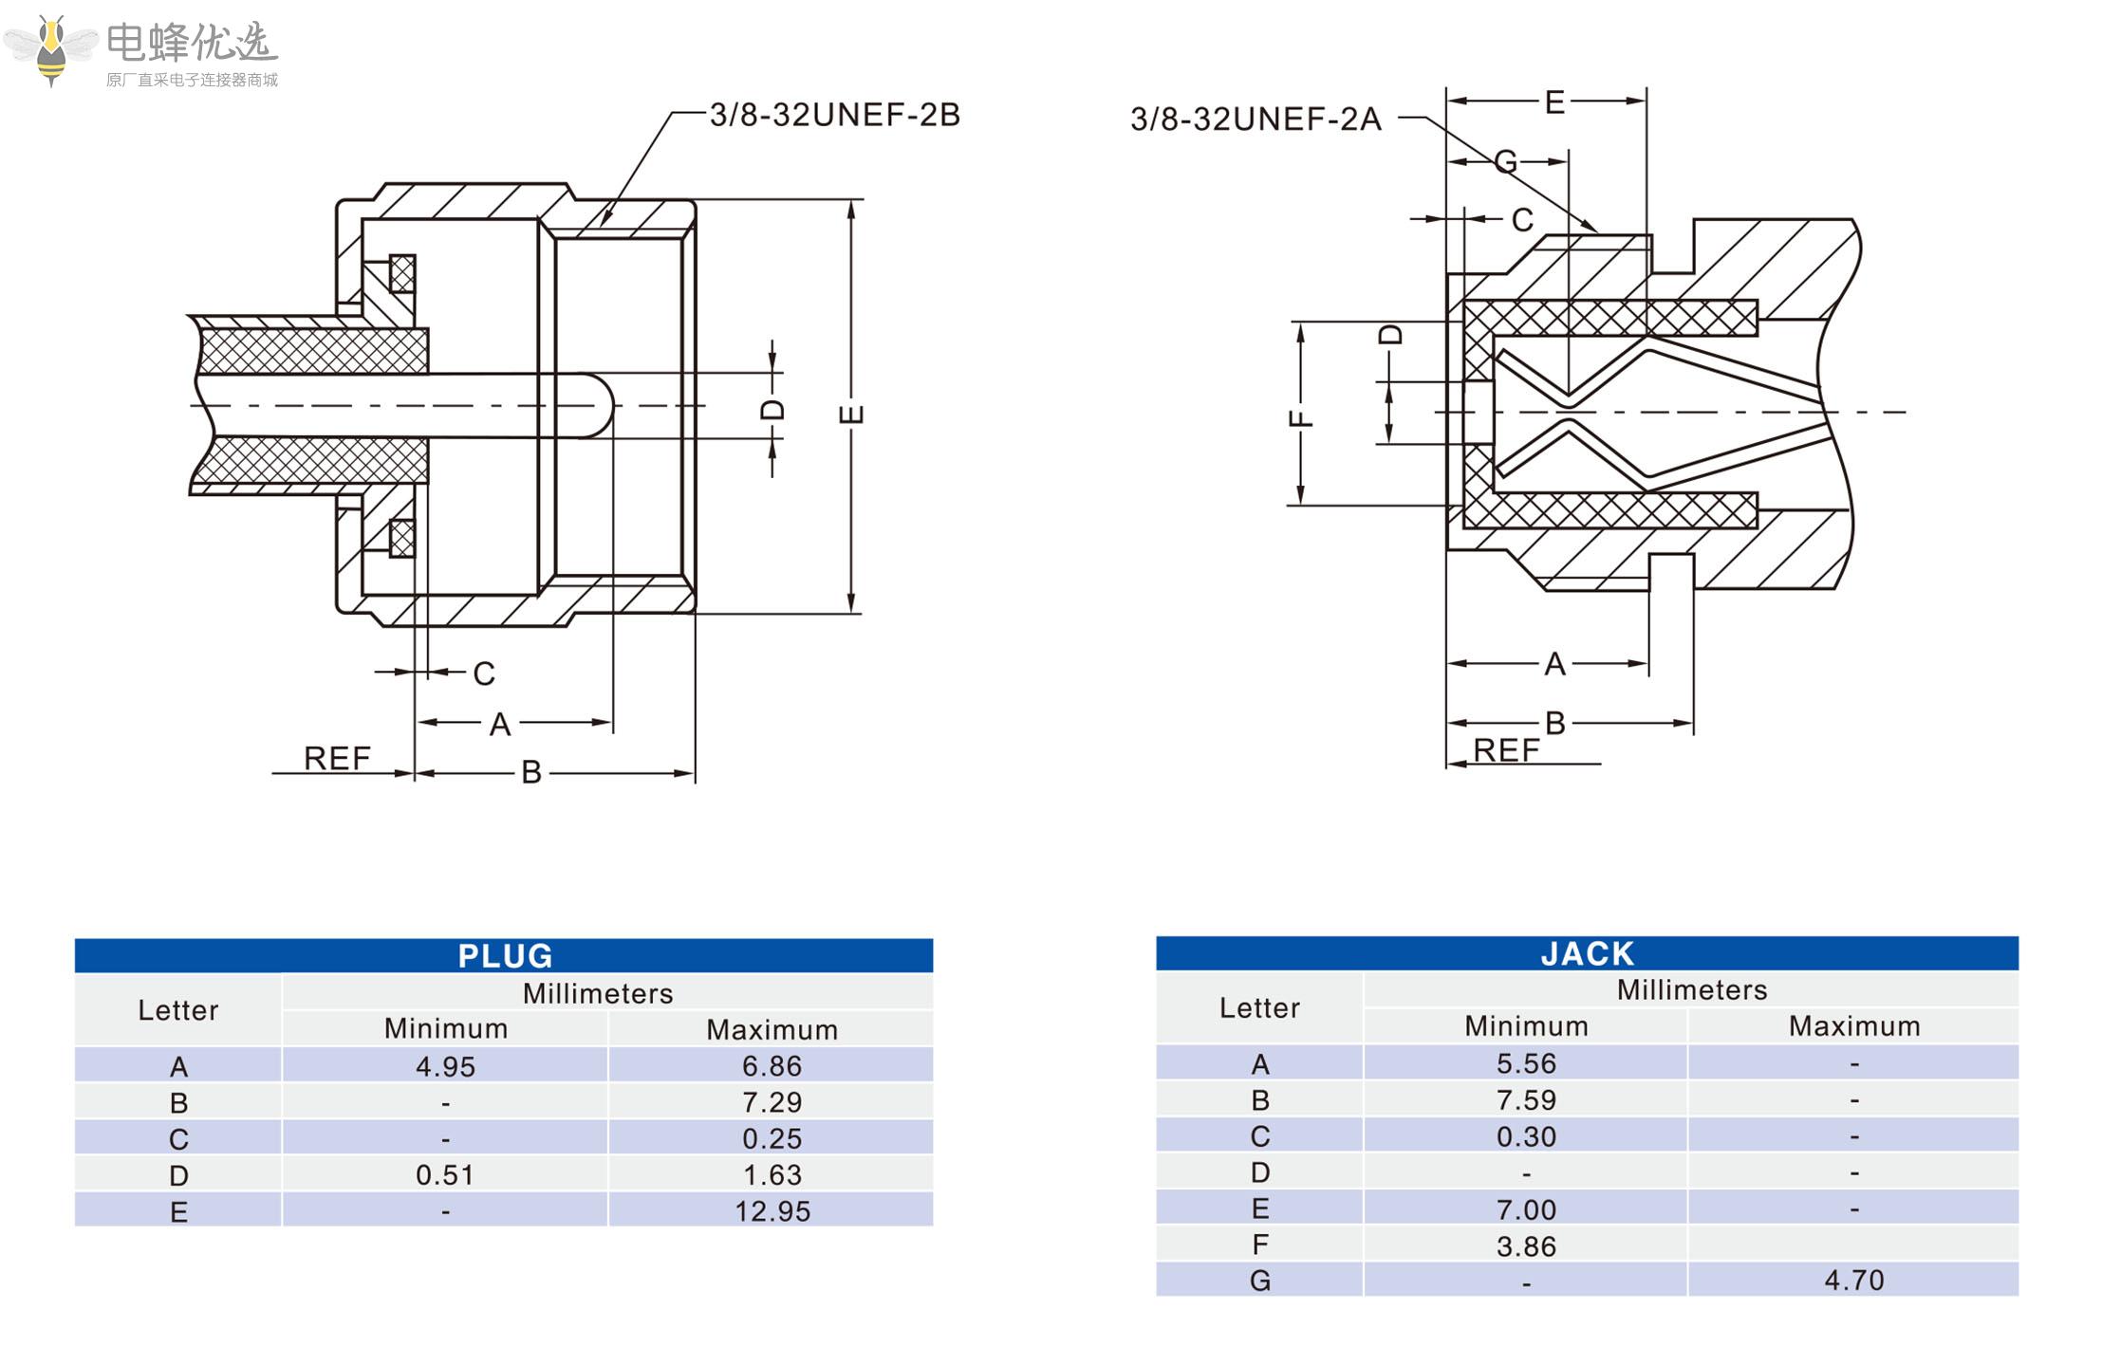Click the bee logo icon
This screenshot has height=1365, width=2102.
click(51, 49)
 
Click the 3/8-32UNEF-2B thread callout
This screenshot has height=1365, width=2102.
click(834, 115)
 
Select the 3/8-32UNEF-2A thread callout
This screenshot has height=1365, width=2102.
click(1255, 120)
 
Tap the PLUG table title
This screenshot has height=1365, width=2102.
click(505, 955)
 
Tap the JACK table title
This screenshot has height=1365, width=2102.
click(1587, 953)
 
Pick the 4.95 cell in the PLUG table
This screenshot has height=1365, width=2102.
click(445, 1066)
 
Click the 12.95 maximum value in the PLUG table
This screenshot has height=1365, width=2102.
click(772, 1211)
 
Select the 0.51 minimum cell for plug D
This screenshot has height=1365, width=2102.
click(445, 1175)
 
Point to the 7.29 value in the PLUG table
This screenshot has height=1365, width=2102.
click(772, 1102)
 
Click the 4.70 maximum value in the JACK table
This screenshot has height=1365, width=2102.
click(1853, 1281)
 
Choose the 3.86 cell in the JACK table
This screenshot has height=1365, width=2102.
click(1526, 1245)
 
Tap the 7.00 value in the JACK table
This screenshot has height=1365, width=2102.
click(1526, 1209)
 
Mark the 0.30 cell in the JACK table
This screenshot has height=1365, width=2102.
click(1526, 1136)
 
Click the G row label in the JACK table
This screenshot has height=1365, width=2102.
click(1259, 1282)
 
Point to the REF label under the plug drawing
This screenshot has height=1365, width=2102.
click(337, 758)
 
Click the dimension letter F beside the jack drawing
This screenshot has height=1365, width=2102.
click(1301, 418)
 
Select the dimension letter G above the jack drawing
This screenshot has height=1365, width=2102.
click(1505, 162)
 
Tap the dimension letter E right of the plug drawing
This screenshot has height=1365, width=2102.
click(851, 414)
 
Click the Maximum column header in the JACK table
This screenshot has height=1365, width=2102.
click(1853, 1025)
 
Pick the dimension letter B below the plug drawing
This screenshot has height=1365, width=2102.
click(531, 772)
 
